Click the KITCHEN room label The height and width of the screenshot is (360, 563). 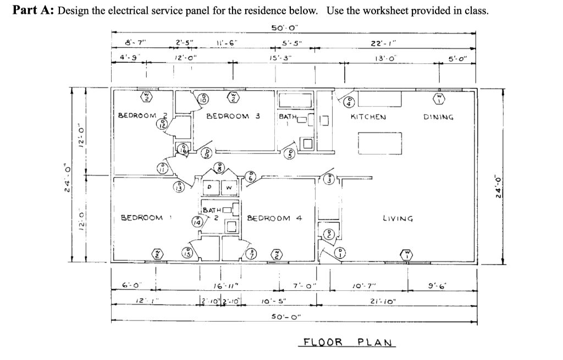click(368, 117)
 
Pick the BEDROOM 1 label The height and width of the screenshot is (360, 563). click(142, 218)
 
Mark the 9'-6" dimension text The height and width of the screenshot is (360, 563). click(443, 286)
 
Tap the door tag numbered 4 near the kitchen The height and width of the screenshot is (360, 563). click(350, 102)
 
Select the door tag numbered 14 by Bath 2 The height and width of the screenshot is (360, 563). click(197, 222)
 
